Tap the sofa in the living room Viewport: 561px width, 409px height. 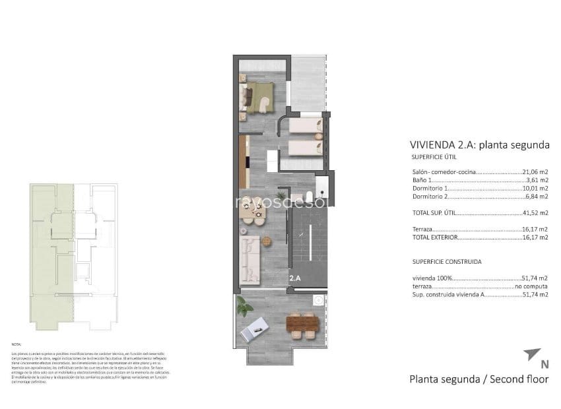click(x=251, y=258)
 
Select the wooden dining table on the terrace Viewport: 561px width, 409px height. click(x=302, y=325)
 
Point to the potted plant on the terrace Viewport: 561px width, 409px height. click(x=244, y=306)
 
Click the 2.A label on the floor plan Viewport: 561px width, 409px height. click(x=294, y=279)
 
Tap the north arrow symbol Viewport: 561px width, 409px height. click(x=532, y=354)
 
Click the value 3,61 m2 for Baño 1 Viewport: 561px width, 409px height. click(x=537, y=179)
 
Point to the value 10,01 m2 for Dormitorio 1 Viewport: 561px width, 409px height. click(x=535, y=188)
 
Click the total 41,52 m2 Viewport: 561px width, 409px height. click(x=535, y=213)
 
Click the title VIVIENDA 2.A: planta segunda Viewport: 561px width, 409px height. click(x=479, y=145)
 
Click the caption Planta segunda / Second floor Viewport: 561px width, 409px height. click(x=478, y=379)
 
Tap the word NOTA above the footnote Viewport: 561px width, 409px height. click(x=16, y=344)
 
